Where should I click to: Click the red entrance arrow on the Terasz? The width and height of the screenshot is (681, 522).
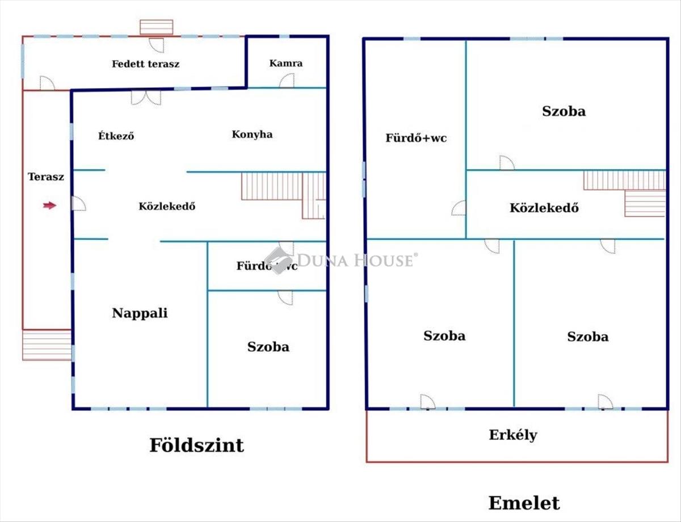click(x=49, y=205)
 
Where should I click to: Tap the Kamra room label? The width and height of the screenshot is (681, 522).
click(x=286, y=64)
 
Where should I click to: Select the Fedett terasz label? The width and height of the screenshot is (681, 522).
click(x=146, y=64)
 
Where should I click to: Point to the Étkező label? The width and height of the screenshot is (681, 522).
click(x=116, y=136)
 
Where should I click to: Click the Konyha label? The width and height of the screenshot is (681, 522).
click(x=253, y=134)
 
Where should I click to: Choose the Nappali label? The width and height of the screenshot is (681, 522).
click(x=140, y=313)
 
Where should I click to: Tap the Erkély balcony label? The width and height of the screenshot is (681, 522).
click(x=513, y=435)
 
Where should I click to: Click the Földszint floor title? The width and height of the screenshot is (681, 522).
click(x=196, y=445)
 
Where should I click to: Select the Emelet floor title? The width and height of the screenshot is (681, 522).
click(x=524, y=503)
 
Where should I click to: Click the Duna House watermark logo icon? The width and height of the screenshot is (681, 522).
click(x=278, y=260)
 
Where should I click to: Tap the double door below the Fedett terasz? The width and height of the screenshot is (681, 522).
click(x=146, y=98)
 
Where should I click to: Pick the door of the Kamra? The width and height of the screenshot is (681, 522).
click(x=287, y=81)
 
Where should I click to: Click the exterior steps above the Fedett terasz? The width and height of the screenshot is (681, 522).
click(x=157, y=27)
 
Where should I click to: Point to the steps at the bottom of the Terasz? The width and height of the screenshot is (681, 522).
click(x=47, y=345)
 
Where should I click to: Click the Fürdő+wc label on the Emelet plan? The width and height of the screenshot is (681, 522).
click(x=416, y=138)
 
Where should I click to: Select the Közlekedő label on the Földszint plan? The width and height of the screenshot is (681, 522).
click(x=167, y=206)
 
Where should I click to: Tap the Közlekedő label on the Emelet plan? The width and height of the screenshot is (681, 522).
click(x=544, y=208)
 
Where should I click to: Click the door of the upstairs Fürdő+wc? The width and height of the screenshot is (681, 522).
click(x=459, y=208)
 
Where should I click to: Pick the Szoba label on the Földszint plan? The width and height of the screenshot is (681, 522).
click(x=268, y=347)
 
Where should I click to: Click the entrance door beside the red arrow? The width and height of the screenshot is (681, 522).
click(x=79, y=203)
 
